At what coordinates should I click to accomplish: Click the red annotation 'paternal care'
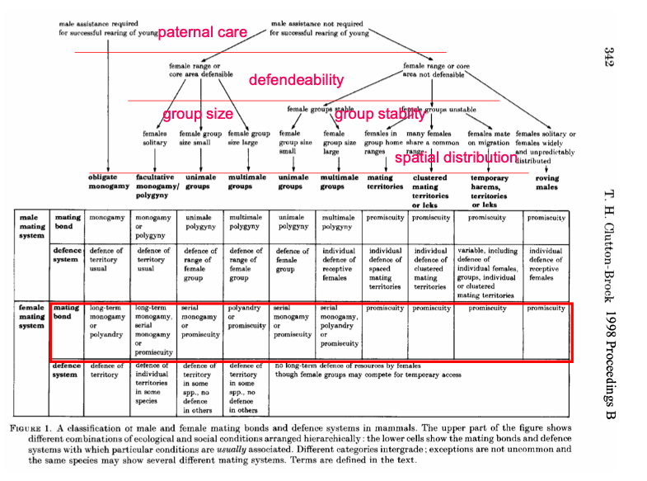[x=202, y=33]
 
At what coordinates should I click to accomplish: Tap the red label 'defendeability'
[x=296, y=80]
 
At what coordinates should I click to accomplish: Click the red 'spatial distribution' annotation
[x=456, y=158]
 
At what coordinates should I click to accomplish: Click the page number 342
[x=610, y=56]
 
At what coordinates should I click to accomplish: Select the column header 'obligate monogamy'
[x=109, y=182]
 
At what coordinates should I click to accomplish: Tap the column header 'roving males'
[x=546, y=182]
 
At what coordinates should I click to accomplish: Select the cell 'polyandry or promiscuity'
[x=246, y=317]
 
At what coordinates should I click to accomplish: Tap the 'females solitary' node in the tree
[x=155, y=137]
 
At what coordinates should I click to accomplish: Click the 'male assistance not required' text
[x=319, y=28]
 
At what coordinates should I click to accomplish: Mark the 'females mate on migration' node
[x=490, y=137]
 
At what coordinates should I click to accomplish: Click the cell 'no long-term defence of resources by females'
[x=346, y=365]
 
